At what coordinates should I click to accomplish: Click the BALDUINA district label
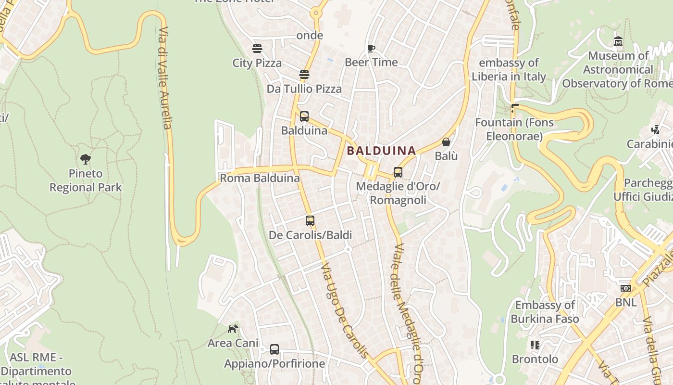381,151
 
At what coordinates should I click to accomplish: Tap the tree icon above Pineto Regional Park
86,159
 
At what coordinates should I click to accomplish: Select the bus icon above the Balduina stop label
304,116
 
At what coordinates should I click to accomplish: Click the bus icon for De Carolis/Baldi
310,221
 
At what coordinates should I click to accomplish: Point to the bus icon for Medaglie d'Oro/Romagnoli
398,172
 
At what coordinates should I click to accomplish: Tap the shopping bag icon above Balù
446,142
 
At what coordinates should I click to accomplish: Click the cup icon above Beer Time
371,48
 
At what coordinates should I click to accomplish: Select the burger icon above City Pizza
257,49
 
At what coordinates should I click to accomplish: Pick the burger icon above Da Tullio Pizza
304,75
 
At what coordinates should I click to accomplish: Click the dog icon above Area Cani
233,329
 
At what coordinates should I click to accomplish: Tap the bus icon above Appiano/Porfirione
274,349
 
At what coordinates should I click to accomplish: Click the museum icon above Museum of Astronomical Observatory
618,42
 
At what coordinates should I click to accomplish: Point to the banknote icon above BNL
625,288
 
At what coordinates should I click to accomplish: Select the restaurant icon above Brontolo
535,345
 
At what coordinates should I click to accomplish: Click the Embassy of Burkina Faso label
545,312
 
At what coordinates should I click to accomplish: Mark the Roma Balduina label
260,178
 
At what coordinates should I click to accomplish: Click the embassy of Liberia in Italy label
509,70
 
